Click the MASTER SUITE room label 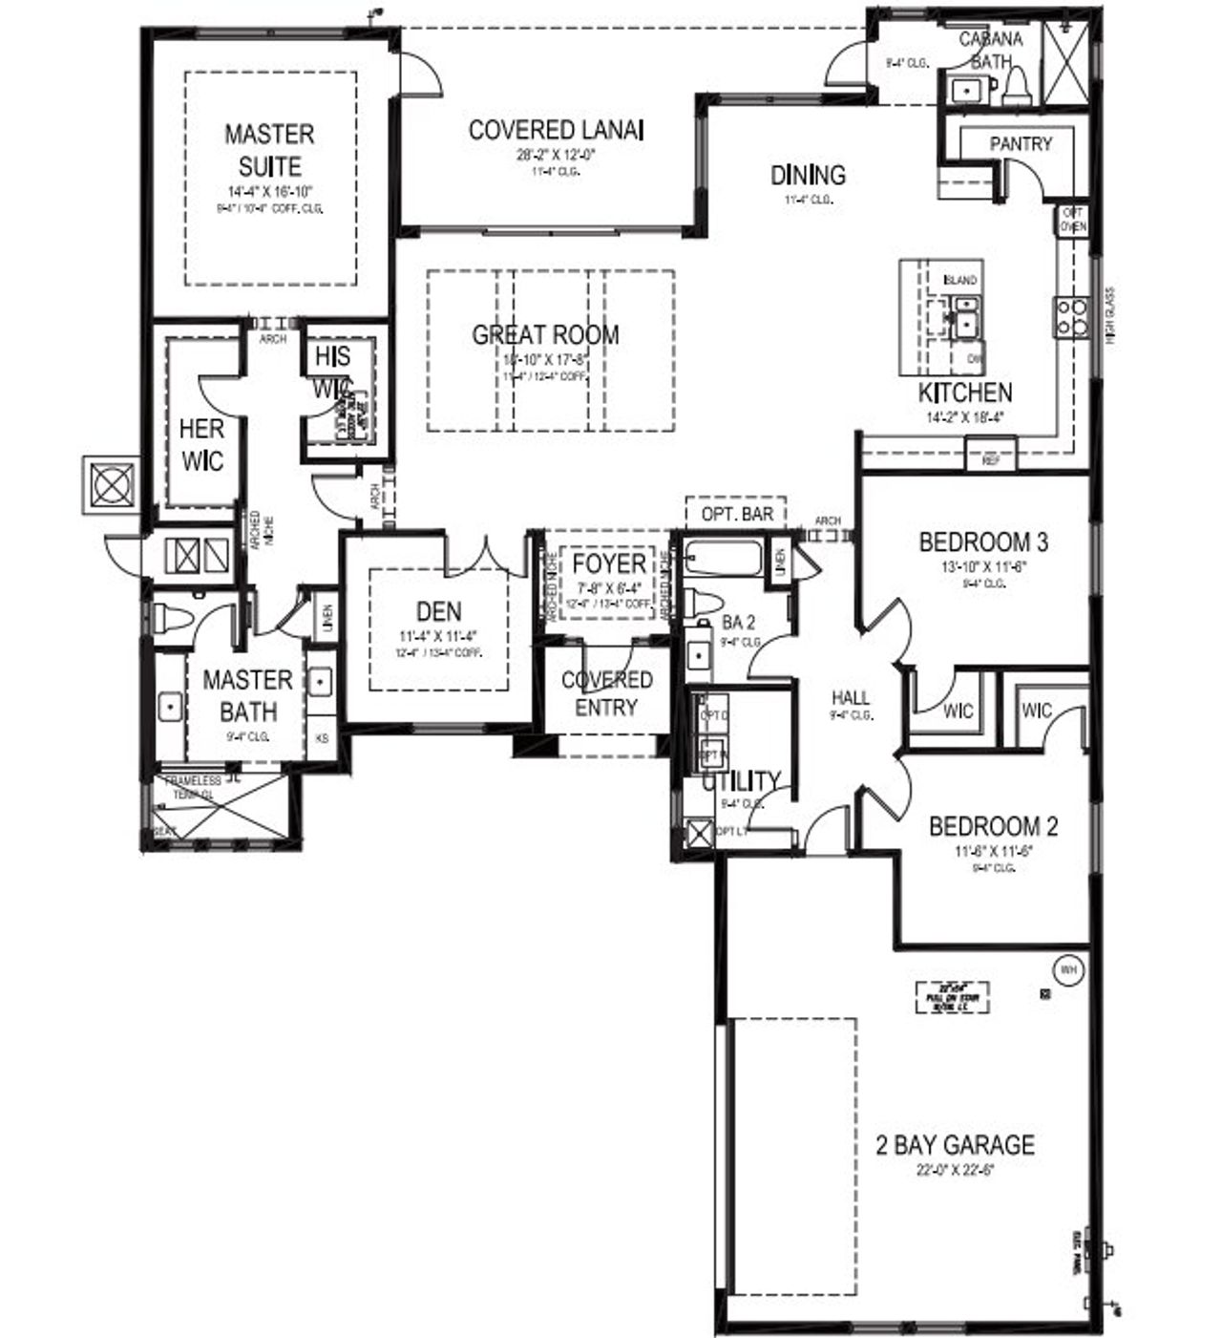pyautogui.click(x=269, y=150)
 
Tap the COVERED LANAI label pyautogui.click(x=556, y=130)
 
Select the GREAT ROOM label pyautogui.click(x=545, y=335)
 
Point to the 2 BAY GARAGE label pyautogui.click(x=955, y=1144)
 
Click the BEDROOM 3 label pyautogui.click(x=983, y=542)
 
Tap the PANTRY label pyautogui.click(x=1021, y=144)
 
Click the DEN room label pyautogui.click(x=438, y=611)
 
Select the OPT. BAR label pyautogui.click(x=737, y=514)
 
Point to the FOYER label pyautogui.click(x=609, y=563)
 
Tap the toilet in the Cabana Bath pyautogui.click(x=1015, y=87)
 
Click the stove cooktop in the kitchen pyautogui.click(x=1070, y=317)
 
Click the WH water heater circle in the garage pyautogui.click(x=1068, y=970)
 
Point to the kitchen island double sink pyautogui.click(x=963, y=316)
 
